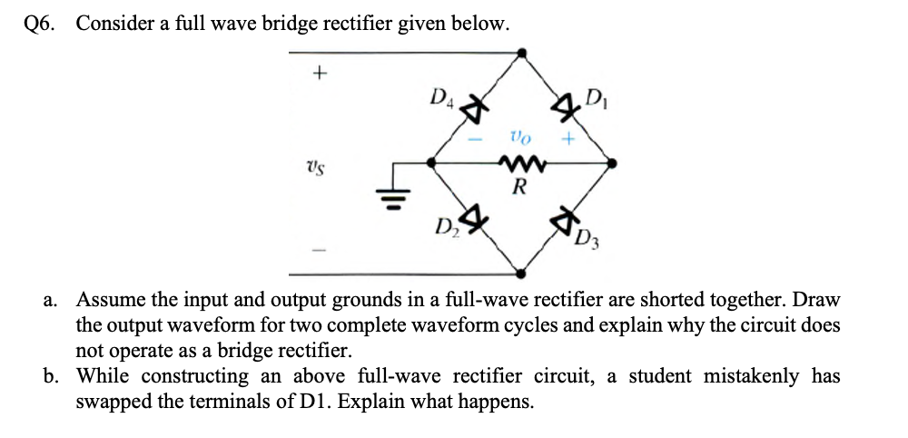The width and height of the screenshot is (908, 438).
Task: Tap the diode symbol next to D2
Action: pyautogui.click(x=473, y=219)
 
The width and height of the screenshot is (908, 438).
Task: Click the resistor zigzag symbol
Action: pyautogui.click(x=519, y=164)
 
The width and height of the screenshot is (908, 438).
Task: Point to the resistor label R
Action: pyautogui.click(x=519, y=188)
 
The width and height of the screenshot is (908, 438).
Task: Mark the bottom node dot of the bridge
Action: pyautogui.click(x=520, y=273)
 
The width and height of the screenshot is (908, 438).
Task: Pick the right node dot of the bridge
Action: pyautogui.click(x=613, y=164)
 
